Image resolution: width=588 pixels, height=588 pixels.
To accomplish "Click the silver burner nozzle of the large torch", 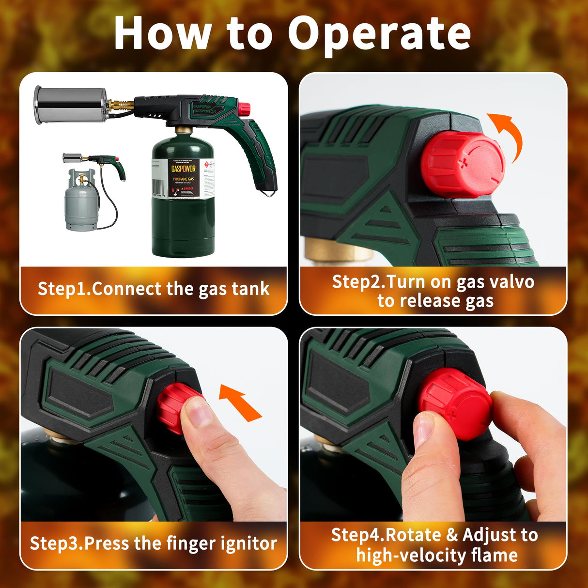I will [x=70, y=105].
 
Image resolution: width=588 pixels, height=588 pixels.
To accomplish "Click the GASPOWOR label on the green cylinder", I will [x=184, y=169].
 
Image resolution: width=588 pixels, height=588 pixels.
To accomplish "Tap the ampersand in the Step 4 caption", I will [x=452, y=535].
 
